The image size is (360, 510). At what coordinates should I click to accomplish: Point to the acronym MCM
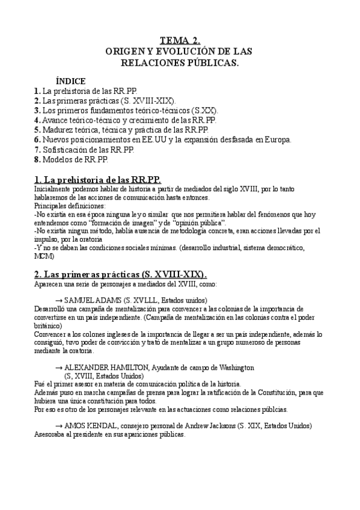point(43,256)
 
